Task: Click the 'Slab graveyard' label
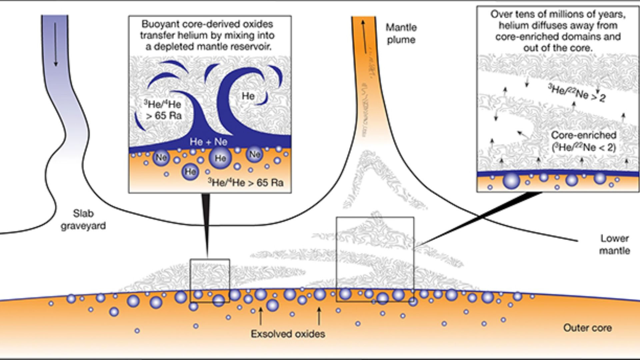[83, 219]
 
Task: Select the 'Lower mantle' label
[614, 244]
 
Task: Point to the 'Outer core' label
[587, 328]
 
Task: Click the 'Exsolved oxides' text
[288, 334]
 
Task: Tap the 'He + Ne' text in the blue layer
[208, 142]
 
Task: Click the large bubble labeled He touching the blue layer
[220, 158]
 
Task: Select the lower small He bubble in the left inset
[190, 171]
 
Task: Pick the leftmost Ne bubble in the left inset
[161, 157]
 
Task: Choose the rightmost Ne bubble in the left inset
[255, 154]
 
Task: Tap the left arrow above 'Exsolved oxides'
[260, 315]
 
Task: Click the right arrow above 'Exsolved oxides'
[319, 315]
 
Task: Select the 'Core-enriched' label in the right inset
[583, 135]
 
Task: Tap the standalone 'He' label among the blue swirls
[248, 96]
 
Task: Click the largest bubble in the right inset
[511, 181]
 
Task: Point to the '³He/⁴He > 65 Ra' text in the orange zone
[246, 183]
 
